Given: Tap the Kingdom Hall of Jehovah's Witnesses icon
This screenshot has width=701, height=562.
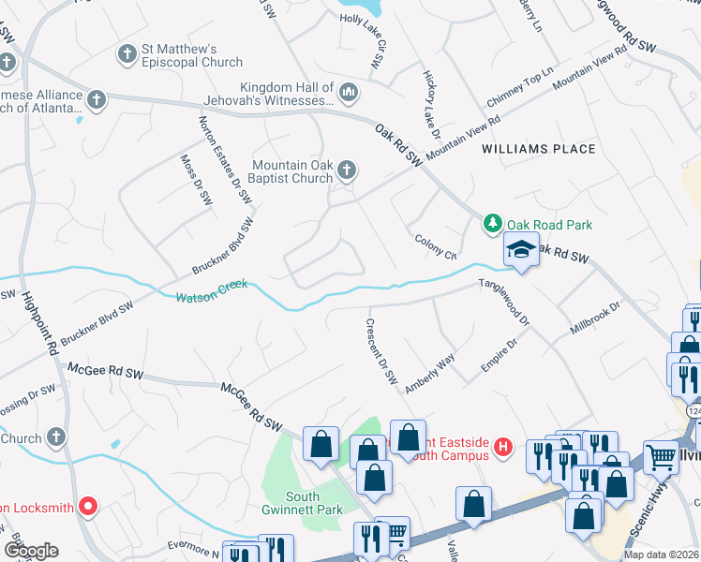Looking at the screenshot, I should (349, 91).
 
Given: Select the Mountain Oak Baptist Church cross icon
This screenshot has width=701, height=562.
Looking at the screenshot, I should (347, 170).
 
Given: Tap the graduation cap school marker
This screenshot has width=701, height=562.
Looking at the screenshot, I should (520, 249).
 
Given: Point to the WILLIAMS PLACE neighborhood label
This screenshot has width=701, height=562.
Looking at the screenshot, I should (538, 149).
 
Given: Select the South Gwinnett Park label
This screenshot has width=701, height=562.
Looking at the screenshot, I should (303, 505).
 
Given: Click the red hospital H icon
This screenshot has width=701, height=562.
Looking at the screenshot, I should (503, 447).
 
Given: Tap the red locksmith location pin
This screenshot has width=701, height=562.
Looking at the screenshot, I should (89, 507).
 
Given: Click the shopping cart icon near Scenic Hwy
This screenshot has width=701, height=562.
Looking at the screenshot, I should (662, 458).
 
